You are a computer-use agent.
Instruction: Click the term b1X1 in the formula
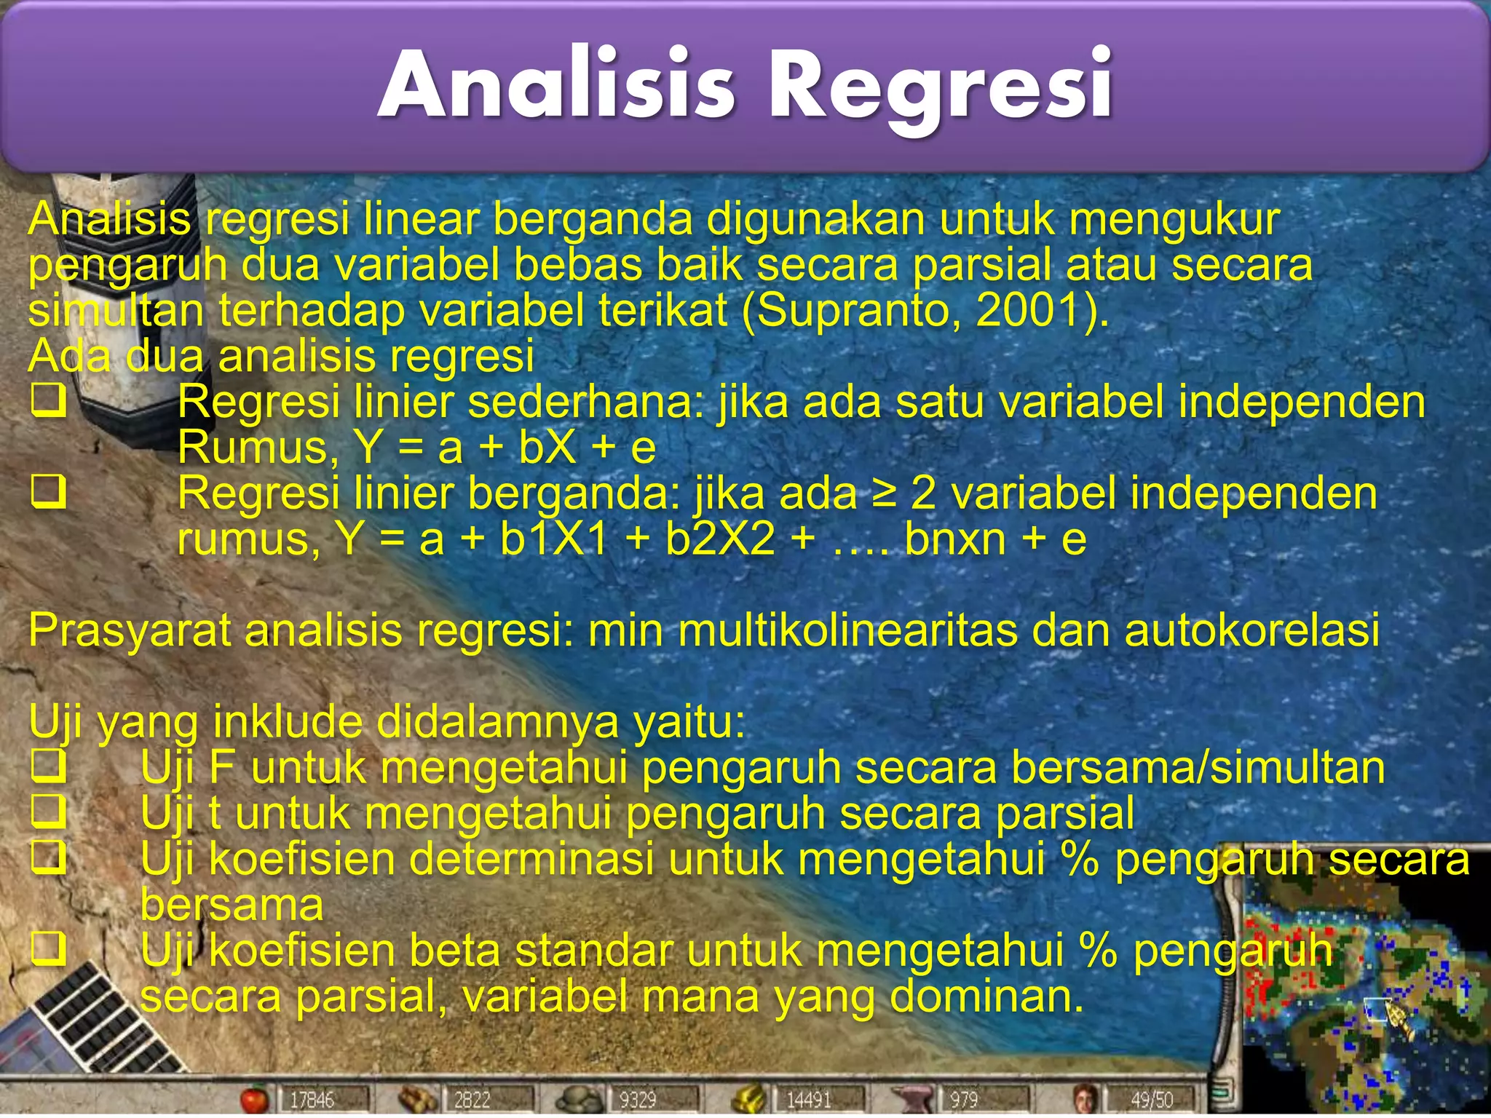tap(554, 540)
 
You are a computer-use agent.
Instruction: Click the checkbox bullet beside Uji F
tap(49, 767)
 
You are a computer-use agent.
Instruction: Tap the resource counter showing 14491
tap(808, 1100)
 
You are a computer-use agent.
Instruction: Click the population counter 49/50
tap(1152, 1100)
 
